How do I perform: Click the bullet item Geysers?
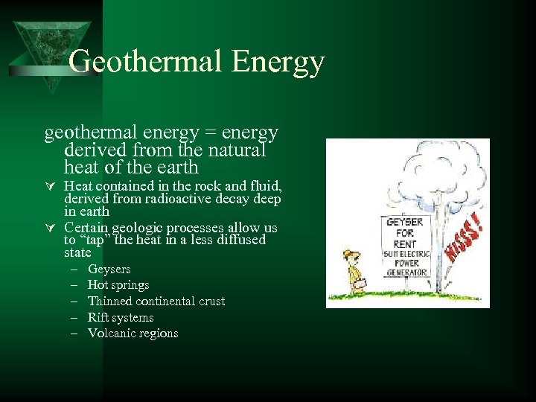109,269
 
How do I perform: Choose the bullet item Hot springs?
118,285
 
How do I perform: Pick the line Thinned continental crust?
156,301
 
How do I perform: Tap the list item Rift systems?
121,317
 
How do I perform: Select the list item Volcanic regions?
133,333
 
